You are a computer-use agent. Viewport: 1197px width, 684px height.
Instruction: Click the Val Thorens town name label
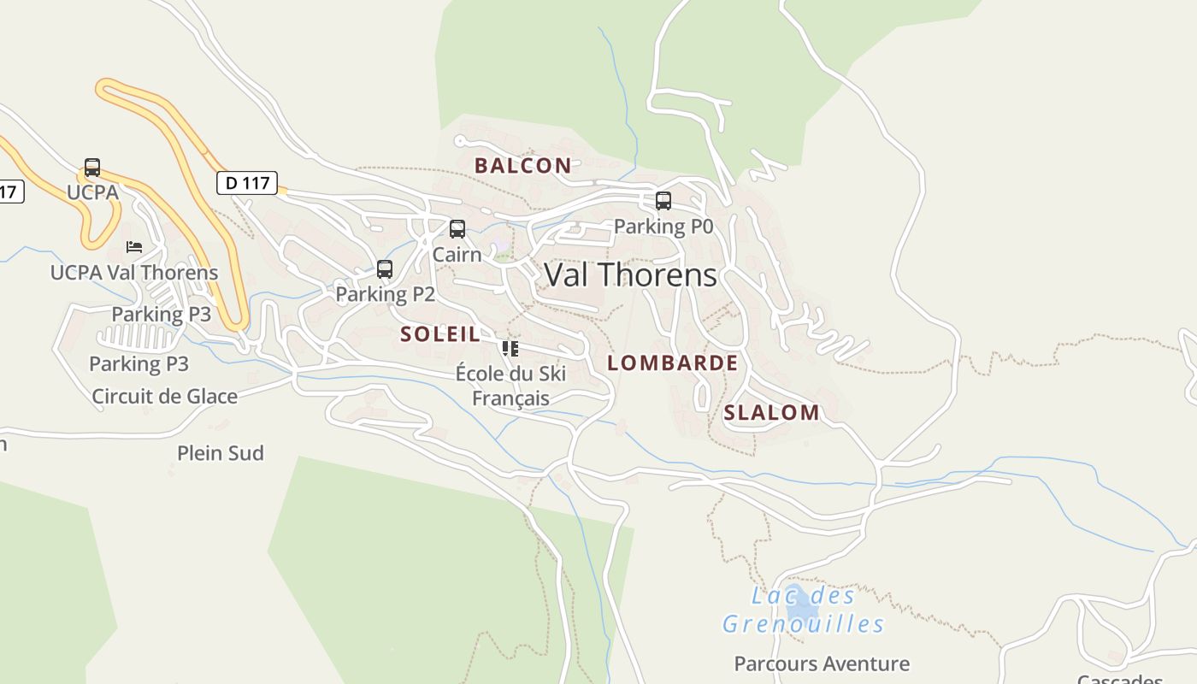(x=630, y=274)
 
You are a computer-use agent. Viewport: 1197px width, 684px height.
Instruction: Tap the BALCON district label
(x=522, y=166)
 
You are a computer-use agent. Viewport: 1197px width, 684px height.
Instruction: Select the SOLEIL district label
(x=440, y=334)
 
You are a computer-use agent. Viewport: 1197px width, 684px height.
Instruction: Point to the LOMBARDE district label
(x=672, y=363)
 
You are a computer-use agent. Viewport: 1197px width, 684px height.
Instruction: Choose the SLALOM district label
(x=771, y=412)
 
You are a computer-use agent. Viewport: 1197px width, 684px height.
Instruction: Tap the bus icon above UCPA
(x=92, y=168)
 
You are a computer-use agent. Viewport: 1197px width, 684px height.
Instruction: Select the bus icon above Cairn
(x=457, y=229)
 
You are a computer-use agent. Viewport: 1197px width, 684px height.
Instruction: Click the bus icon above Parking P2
(x=385, y=269)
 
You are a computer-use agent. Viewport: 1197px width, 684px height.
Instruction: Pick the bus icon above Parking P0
(x=663, y=201)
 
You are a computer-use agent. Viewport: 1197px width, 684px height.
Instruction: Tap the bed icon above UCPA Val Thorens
(x=134, y=247)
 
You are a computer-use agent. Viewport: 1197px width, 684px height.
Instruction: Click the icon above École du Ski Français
(x=510, y=348)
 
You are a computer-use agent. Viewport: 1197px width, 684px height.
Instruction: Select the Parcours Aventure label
(x=822, y=663)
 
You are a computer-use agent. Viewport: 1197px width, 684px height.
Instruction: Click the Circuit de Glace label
(x=164, y=397)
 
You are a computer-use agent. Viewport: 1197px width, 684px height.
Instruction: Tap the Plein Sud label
(x=221, y=453)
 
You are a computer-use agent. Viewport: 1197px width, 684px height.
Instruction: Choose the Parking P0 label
(x=663, y=227)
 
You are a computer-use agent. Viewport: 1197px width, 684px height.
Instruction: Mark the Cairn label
(x=457, y=254)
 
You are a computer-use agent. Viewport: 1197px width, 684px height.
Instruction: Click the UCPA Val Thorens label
(x=134, y=273)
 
